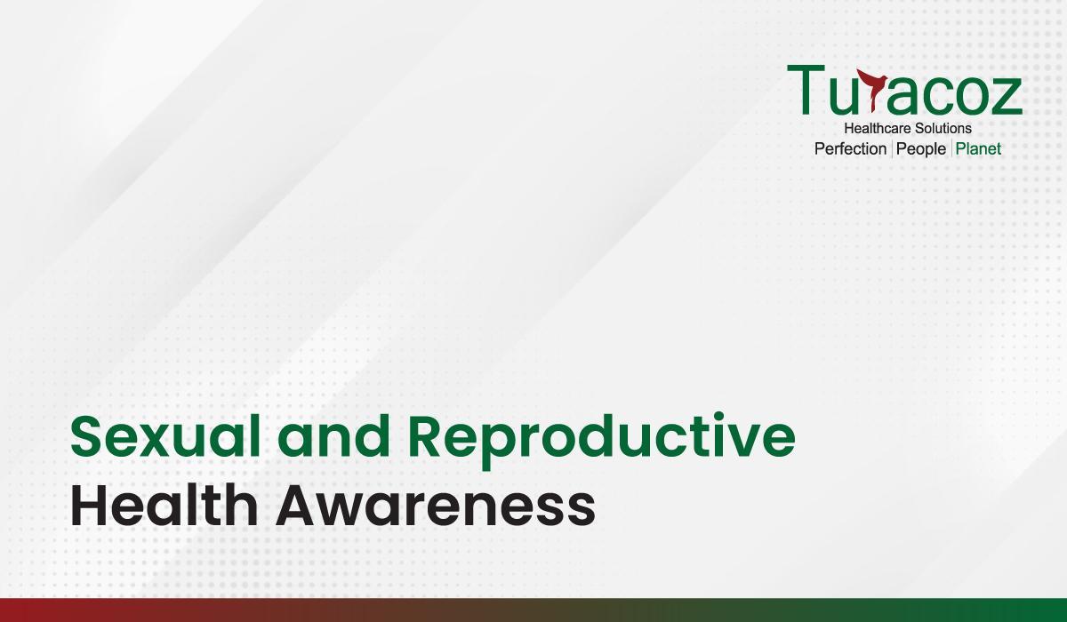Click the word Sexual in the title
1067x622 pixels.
[165, 436]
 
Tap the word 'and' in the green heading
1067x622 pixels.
[334, 435]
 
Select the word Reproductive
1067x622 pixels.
[602, 441]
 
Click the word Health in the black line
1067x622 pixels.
[164, 505]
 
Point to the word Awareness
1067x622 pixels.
[436, 506]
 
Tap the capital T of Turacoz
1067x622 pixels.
[806, 90]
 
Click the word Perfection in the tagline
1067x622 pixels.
[850, 149]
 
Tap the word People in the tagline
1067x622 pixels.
[921, 150]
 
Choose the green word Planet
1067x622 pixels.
[978, 149]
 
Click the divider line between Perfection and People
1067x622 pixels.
[892, 149]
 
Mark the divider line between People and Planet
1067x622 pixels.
[951, 149]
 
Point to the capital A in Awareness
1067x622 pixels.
[300, 506]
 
